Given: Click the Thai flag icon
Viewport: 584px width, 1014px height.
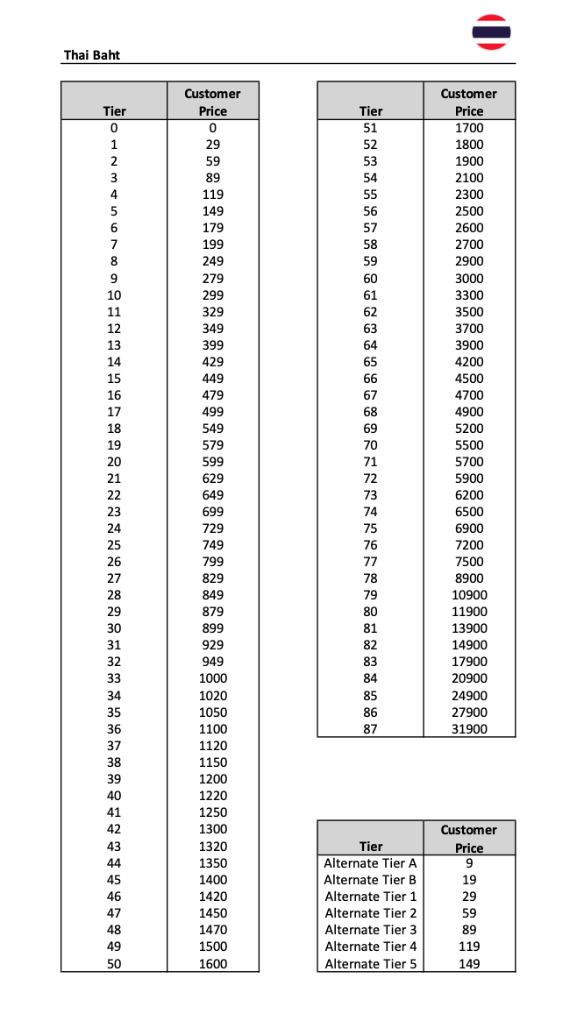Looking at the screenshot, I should click(x=491, y=32).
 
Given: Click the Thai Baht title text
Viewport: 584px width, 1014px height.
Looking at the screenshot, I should click(x=92, y=54).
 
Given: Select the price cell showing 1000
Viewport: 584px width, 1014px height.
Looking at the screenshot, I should click(x=212, y=678).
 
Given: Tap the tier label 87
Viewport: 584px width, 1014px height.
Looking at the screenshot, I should click(x=370, y=728).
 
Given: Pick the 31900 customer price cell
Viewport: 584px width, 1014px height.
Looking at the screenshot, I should click(x=469, y=728).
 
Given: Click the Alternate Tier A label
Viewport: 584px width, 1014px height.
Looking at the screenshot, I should click(x=370, y=863).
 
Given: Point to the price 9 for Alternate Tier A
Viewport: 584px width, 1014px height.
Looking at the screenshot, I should click(x=469, y=863).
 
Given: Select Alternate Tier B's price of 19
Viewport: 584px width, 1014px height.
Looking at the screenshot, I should click(x=469, y=880).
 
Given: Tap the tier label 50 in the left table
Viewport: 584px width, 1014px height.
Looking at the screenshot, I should click(x=114, y=963).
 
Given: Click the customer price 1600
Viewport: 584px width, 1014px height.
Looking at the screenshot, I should click(x=212, y=963).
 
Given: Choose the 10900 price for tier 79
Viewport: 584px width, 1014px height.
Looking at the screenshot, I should click(x=469, y=595).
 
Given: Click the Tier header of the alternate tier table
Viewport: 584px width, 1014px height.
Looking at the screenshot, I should click(x=371, y=847).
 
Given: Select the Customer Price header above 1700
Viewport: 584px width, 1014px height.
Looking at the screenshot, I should click(x=469, y=102).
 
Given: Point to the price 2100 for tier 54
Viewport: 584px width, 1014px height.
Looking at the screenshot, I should click(x=469, y=178).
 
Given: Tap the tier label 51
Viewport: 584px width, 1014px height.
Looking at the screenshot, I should click(x=370, y=128).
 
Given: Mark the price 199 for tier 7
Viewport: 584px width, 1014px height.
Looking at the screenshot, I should click(x=212, y=245).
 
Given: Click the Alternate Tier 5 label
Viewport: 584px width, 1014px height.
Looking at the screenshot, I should click(x=370, y=963).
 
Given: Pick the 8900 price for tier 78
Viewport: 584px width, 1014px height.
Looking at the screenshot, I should click(x=469, y=578).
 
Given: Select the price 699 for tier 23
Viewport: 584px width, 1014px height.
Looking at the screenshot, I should click(x=212, y=512).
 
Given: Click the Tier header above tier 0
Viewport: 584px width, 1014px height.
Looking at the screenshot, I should click(x=114, y=111).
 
